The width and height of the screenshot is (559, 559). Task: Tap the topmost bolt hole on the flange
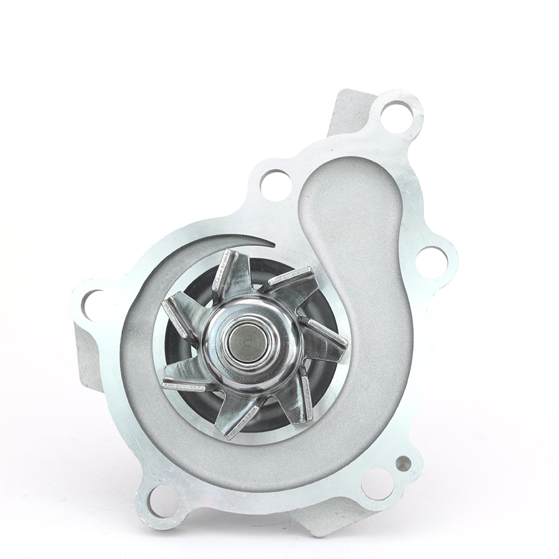click(x=396, y=116)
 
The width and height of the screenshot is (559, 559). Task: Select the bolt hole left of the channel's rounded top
click(x=276, y=184)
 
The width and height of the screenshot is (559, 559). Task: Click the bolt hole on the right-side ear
click(x=431, y=261)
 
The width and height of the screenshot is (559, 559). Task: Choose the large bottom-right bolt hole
click(x=378, y=483)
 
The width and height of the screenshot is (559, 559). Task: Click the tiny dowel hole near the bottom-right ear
click(x=403, y=462)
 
